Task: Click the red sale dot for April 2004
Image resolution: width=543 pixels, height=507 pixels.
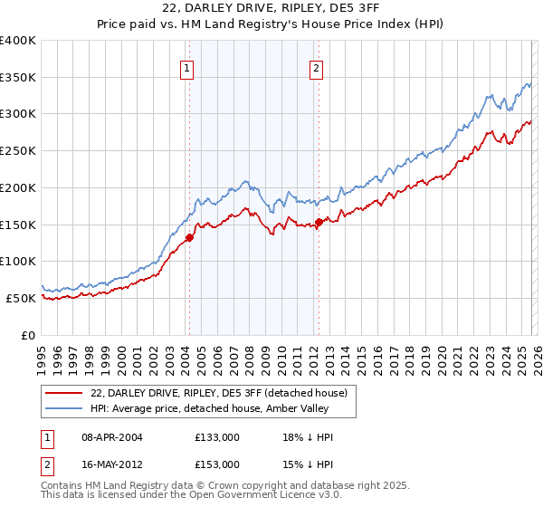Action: pos(189,238)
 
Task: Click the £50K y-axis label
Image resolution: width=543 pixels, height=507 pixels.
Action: pos(21,298)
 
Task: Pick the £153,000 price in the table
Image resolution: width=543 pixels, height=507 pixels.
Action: pos(217,464)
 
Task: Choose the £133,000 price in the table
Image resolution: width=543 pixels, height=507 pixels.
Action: pos(217,437)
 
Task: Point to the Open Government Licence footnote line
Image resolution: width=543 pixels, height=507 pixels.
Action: pos(176,496)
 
